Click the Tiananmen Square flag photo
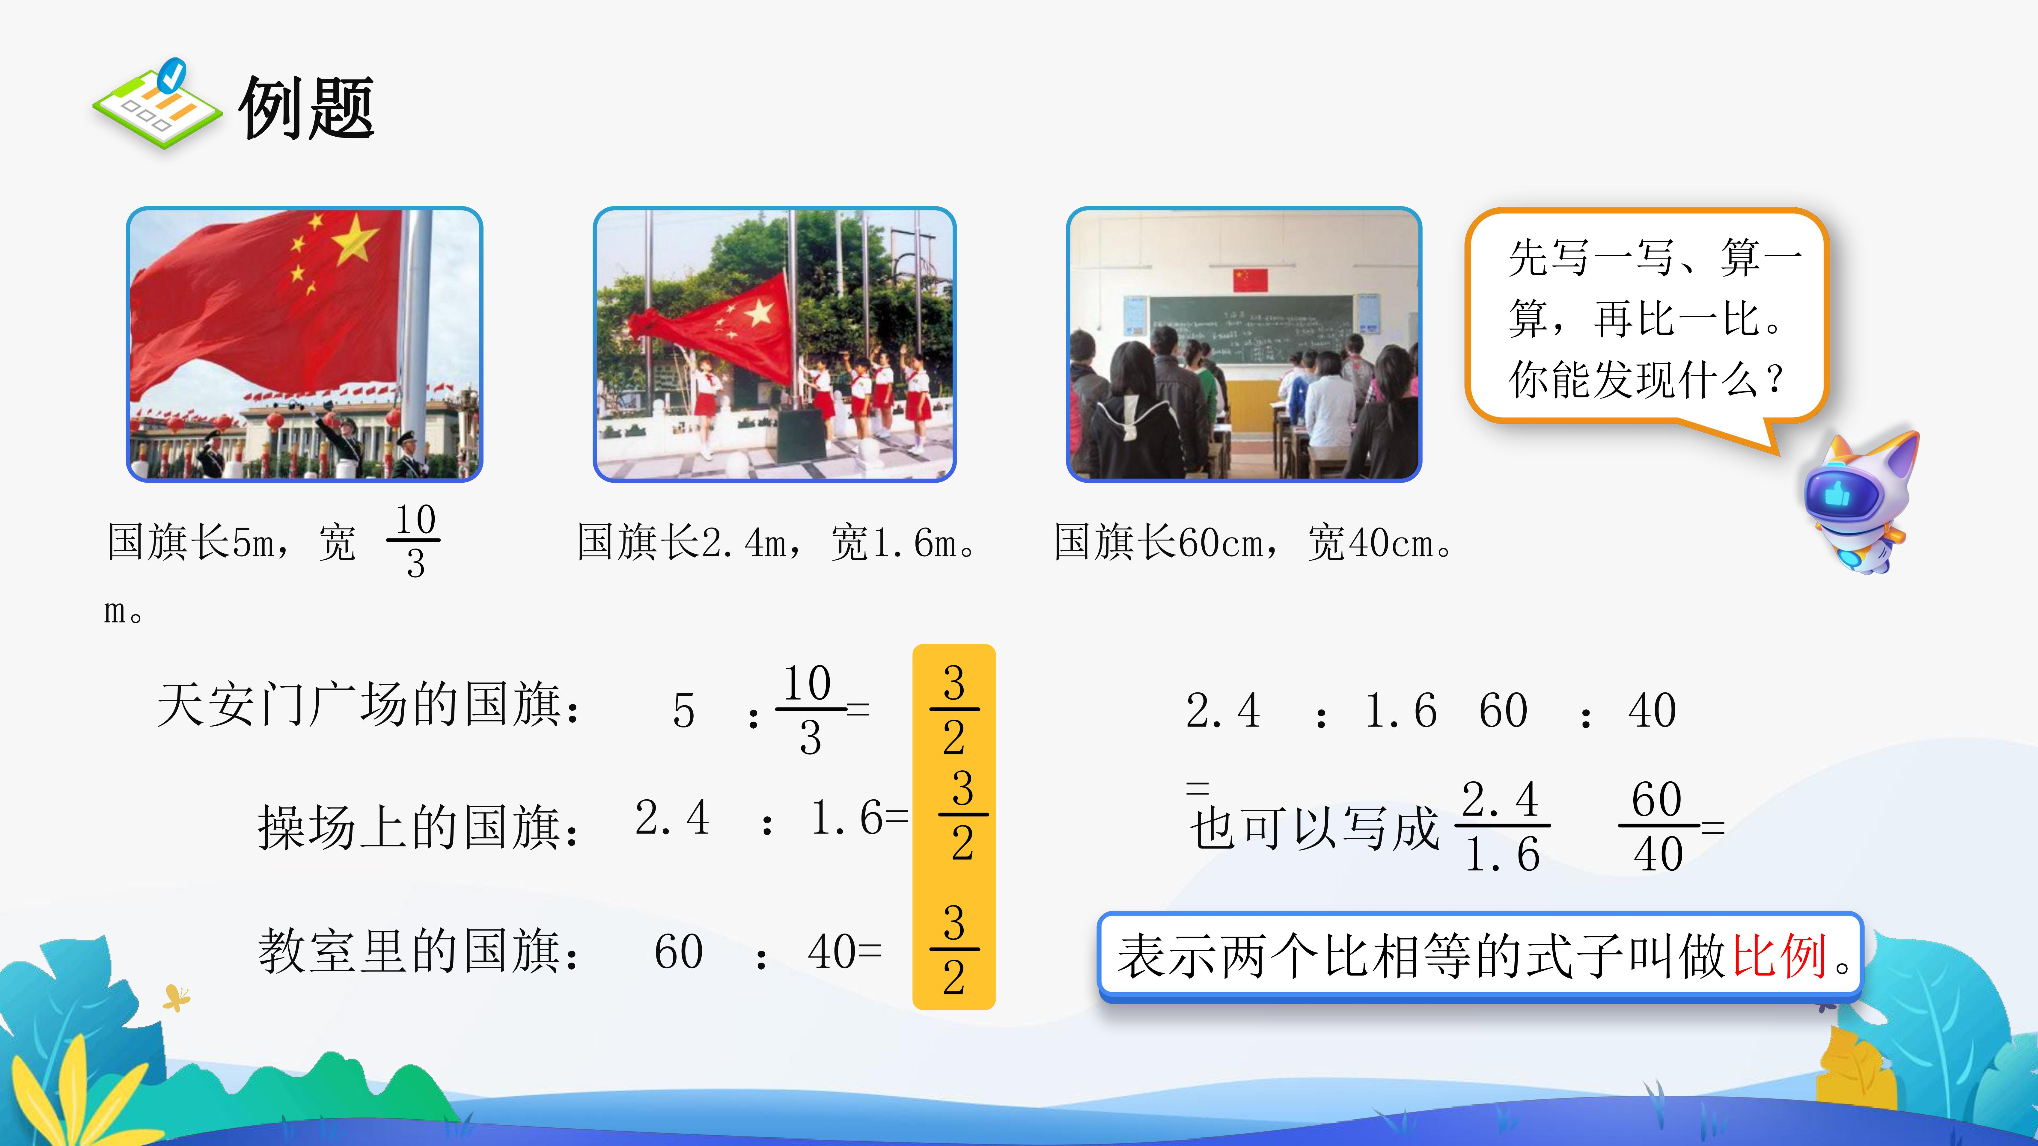(x=305, y=344)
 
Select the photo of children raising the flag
(x=775, y=344)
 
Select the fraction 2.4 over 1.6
(x=1502, y=826)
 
